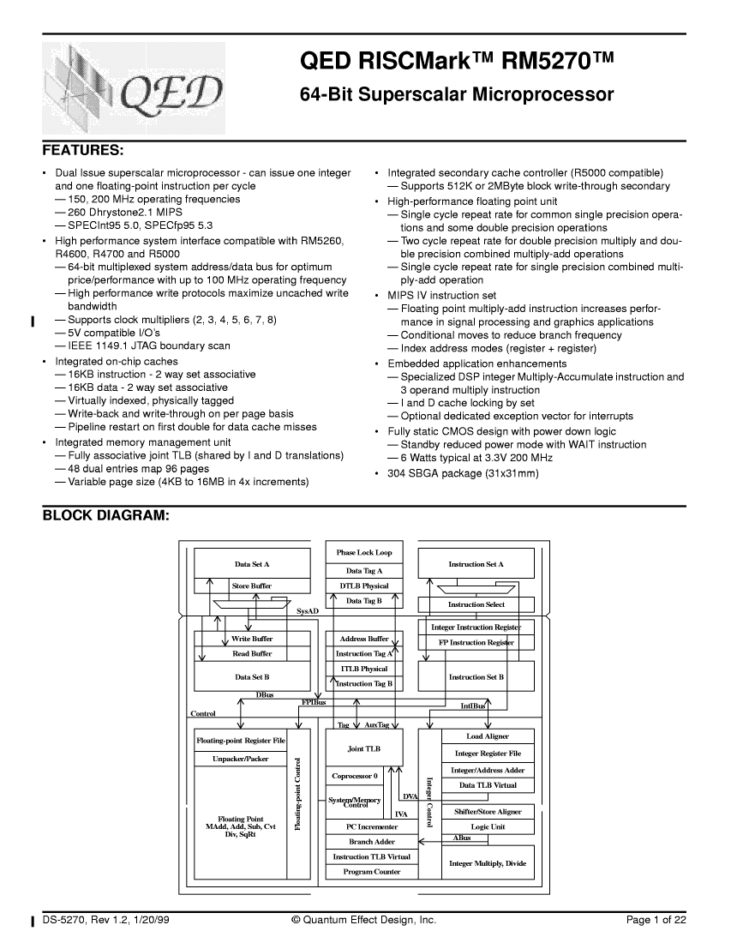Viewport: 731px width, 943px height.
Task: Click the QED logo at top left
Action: point(135,88)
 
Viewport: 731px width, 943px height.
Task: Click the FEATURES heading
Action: point(83,150)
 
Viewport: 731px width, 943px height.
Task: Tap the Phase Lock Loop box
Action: point(364,553)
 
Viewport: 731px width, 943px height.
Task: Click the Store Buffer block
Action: point(252,586)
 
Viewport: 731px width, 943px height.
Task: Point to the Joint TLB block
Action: point(364,748)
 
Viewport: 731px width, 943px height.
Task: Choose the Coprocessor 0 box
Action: point(354,776)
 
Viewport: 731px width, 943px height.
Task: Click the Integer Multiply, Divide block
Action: point(488,863)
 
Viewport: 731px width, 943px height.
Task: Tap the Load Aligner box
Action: point(488,736)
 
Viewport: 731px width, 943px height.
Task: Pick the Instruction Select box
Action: point(476,604)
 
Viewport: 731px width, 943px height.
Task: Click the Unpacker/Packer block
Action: point(241,759)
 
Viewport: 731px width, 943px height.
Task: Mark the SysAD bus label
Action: point(308,612)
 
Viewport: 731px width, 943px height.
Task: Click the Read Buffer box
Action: point(252,653)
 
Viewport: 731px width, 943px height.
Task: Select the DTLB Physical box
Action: point(364,586)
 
